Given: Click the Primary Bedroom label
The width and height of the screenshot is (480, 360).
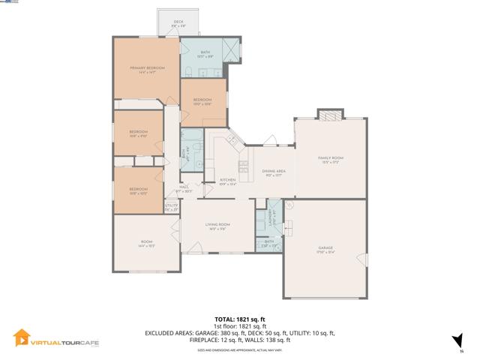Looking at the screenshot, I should point(147,69).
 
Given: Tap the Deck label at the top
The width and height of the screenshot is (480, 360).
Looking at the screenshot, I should point(178,23).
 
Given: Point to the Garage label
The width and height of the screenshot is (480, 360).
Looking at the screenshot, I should point(325,249).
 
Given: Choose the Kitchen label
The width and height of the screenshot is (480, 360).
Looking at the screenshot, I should point(228,181).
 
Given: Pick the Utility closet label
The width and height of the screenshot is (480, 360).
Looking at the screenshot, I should point(171,207).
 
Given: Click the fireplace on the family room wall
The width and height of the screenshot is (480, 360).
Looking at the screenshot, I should point(329,115).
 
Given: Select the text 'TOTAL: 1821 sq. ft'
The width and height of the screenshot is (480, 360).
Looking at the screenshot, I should point(239,319).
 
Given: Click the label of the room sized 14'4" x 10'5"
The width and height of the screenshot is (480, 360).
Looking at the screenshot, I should point(146,243).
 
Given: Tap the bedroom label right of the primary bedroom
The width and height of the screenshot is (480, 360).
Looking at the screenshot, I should point(202,101).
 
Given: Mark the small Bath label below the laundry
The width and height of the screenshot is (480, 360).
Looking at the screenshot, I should point(269,242).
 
